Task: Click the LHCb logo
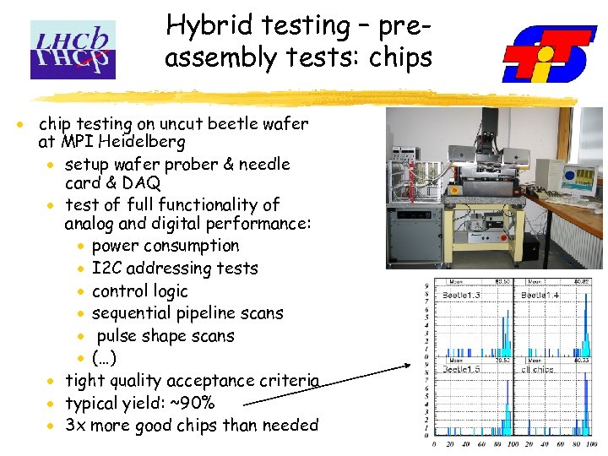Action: (x=72, y=50)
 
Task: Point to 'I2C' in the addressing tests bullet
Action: (x=106, y=269)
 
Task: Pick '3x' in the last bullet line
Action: (x=76, y=425)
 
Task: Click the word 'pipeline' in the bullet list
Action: (x=203, y=313)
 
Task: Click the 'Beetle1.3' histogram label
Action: (x=461, y=295)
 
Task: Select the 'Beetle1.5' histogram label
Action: (x=461, y=369)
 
